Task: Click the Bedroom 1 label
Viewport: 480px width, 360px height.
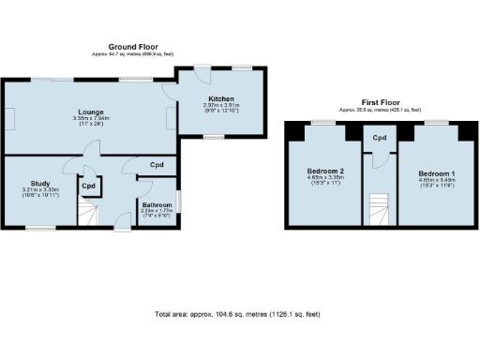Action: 436,174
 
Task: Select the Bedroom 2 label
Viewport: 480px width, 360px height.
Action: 325,171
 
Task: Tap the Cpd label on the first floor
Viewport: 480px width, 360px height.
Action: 380,139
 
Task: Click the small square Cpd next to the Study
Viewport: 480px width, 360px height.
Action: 89,186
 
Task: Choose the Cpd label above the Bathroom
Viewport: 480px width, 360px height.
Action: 157,165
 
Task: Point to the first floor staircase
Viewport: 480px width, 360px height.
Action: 380,210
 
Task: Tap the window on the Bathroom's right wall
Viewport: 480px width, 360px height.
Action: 182,202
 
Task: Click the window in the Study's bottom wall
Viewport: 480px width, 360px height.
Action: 39,228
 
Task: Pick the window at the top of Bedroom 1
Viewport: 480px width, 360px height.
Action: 435,123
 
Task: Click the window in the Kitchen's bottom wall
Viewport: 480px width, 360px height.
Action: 214,137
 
